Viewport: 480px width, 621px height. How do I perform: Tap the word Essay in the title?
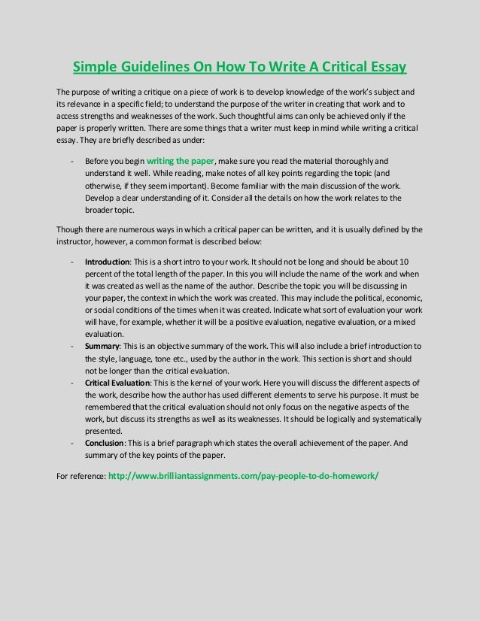382,68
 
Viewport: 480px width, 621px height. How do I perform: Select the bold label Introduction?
108,262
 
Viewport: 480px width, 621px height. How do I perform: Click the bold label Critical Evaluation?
121,383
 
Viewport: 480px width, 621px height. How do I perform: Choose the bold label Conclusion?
105,444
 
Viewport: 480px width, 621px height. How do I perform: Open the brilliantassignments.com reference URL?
244,476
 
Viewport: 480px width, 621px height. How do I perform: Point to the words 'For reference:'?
81,477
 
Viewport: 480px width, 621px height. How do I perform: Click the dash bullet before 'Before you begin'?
71,162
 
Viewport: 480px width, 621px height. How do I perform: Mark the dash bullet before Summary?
71,347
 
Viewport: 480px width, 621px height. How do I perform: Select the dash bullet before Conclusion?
71,444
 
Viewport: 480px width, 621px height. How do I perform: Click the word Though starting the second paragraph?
70,229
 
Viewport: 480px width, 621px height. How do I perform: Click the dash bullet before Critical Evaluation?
71,383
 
